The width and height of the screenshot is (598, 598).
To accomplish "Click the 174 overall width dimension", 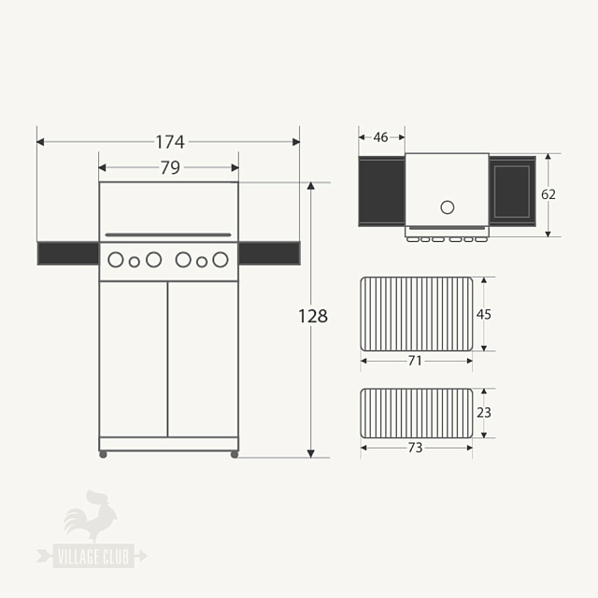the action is [170, 142].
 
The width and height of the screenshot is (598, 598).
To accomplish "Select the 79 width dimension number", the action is [170, 168].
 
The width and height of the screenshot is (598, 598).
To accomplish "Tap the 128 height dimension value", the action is [313, 316].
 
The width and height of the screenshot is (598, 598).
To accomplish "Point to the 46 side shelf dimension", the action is [380, 137].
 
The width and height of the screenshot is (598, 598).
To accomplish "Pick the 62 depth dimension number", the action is [548, 194].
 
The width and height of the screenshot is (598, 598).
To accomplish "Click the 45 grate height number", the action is [484, 314].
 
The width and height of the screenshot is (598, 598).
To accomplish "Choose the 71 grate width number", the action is [415, 361].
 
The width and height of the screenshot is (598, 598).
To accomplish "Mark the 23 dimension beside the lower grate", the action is [484, 413].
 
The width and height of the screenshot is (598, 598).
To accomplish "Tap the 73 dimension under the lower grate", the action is [415, 448].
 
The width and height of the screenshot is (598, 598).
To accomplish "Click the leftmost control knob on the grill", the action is [116, 260].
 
